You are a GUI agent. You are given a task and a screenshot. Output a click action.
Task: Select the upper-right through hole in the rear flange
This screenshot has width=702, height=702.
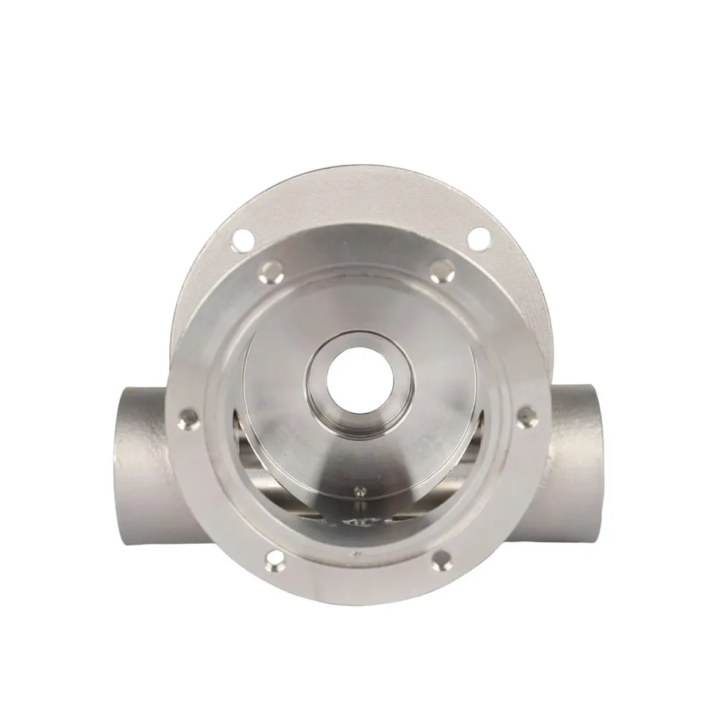coord(479,238)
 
